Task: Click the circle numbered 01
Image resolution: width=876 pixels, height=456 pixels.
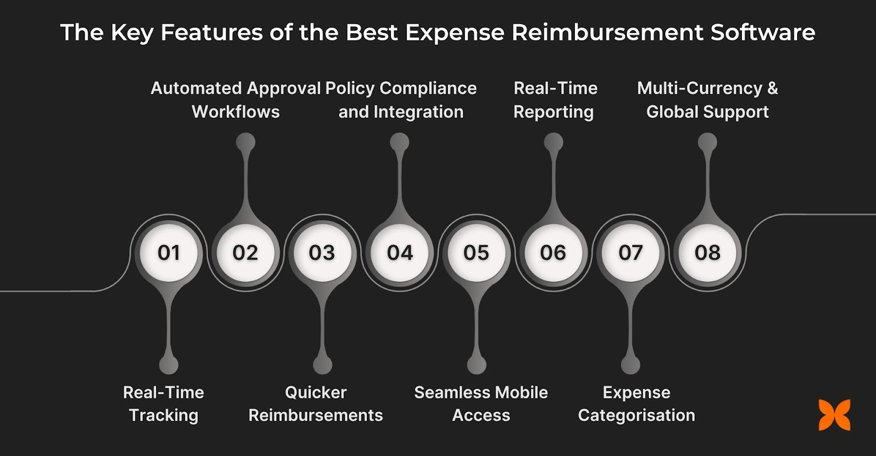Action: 169,252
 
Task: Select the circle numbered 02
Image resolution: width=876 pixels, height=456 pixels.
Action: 245,252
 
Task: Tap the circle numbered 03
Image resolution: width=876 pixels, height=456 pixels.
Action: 322,252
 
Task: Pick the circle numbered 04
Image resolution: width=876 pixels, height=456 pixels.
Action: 400,252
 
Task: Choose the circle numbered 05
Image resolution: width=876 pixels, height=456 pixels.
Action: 476,252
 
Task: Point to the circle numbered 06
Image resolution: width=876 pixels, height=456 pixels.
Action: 553,252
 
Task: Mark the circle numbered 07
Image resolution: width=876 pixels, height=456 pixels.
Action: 630,252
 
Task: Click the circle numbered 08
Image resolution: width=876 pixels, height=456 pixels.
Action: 707,252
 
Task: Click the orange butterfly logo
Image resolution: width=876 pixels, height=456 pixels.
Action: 835,414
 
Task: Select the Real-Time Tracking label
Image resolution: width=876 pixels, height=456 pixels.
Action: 164,404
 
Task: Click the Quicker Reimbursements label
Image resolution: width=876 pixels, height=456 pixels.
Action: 316,404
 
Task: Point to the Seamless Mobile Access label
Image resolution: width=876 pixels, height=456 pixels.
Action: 481,404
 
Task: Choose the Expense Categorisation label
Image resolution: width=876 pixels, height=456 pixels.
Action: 637,404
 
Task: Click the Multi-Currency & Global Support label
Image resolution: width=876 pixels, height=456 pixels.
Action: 707,100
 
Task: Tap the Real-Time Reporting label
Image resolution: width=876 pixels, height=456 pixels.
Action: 555,100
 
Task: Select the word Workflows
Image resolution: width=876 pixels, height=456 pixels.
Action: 236,112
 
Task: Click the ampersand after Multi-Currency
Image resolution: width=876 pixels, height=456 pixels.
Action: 772,88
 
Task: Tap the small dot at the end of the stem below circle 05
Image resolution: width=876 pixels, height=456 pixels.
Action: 476,365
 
